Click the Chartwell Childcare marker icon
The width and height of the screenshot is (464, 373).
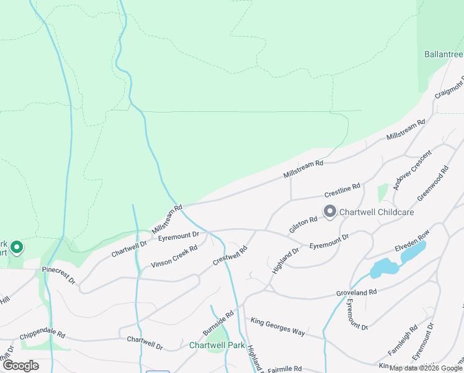coord(330,212)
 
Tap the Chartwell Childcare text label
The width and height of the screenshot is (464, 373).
coord(377,212)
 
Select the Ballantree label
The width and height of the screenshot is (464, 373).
coord(444,55)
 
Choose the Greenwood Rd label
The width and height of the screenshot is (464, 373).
coord(432,183)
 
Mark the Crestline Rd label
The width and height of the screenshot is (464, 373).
coord(342,187)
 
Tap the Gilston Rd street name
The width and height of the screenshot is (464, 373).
coord(303,224)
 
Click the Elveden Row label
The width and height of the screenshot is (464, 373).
coord(412,244)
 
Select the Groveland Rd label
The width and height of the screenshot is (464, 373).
coord(357,292)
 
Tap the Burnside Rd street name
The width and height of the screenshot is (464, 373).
coord(218,321)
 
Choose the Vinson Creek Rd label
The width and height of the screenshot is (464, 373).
coord(174,257)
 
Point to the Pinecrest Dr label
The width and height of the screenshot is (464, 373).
coord(59,276)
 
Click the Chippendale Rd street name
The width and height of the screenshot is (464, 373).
coord(42,334)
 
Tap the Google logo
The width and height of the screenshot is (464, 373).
coord(20,366)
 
